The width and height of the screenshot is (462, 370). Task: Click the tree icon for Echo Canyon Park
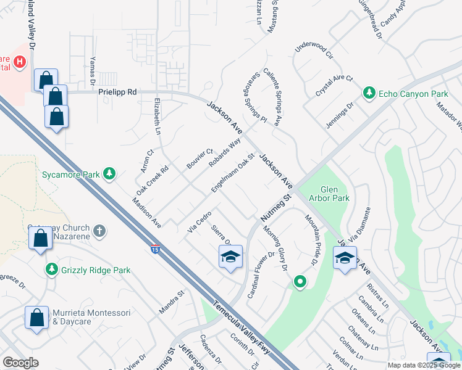[369, 93]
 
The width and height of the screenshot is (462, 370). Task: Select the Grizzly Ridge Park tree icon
[52, 269]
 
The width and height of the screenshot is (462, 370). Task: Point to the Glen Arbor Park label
[335, 194]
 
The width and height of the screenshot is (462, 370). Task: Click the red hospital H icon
[20, 62]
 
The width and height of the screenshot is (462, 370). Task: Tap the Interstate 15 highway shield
[155, 249]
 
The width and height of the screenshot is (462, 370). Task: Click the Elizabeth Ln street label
[157, 116]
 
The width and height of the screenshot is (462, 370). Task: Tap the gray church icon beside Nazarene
[99, 231]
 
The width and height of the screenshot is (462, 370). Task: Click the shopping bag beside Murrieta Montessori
[36, 318]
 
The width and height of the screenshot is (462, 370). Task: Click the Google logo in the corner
[20, 362]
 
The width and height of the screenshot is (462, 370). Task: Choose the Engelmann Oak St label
[233, 173]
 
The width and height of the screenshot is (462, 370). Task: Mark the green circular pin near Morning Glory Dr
[300, 282]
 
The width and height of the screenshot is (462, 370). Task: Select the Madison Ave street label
[146, 213]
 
